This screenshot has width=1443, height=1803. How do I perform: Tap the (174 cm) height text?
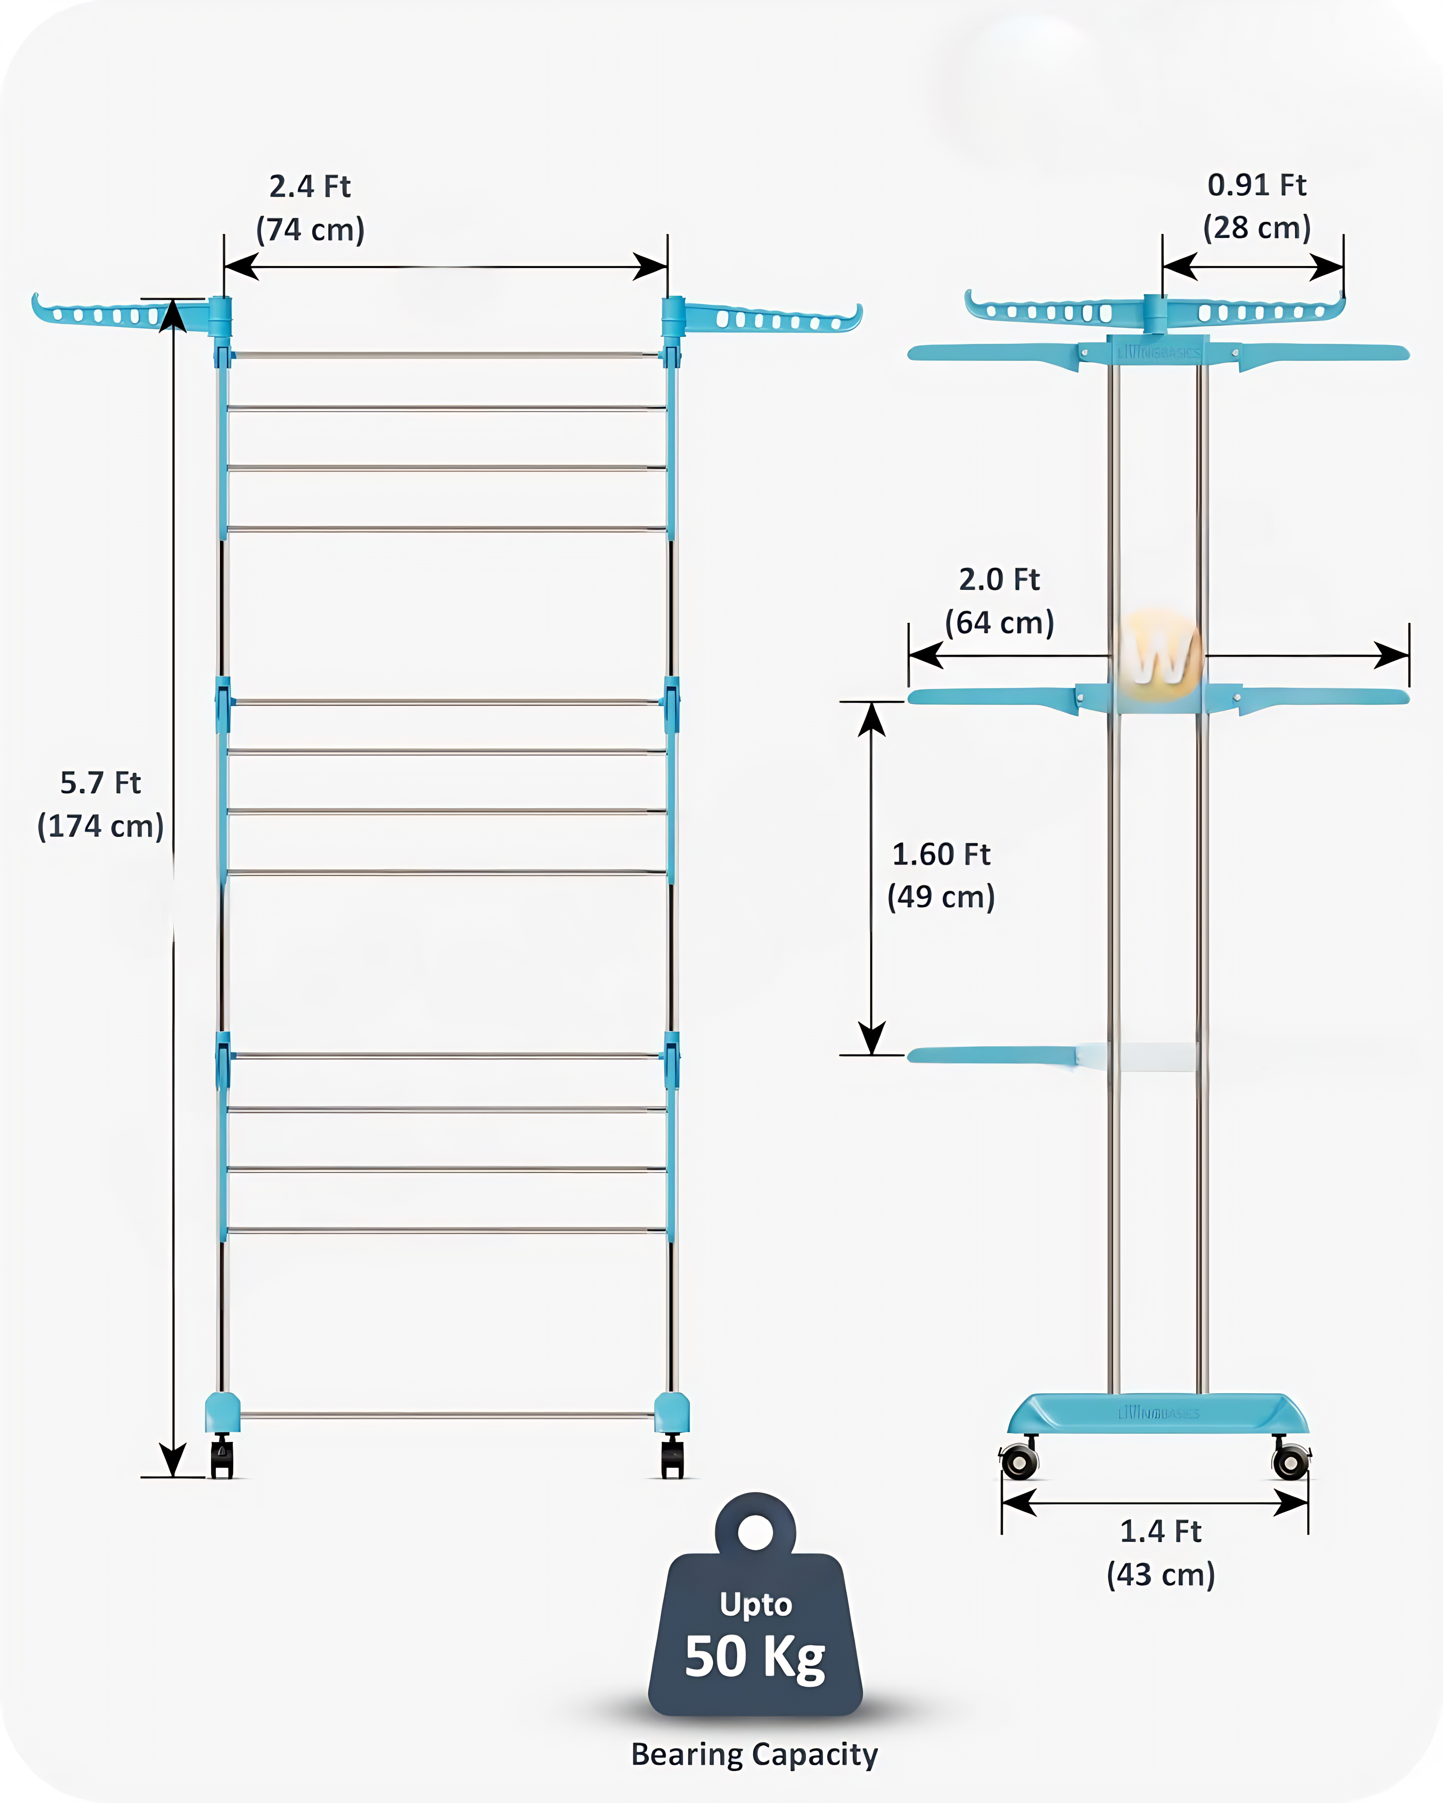coord(100,826)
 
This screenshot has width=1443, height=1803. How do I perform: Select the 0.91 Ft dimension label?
coord(1256,185)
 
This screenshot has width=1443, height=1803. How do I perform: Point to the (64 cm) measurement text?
coord(1000,623)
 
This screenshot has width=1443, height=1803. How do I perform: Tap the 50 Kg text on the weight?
coord(755,1657)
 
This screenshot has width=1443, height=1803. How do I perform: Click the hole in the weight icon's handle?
coord(755,1532)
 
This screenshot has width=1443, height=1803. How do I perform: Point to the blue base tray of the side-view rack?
coord(1159,1413)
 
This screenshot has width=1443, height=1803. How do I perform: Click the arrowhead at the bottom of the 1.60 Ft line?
coord(872,1040)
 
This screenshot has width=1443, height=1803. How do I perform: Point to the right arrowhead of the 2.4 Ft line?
coord(651,267)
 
